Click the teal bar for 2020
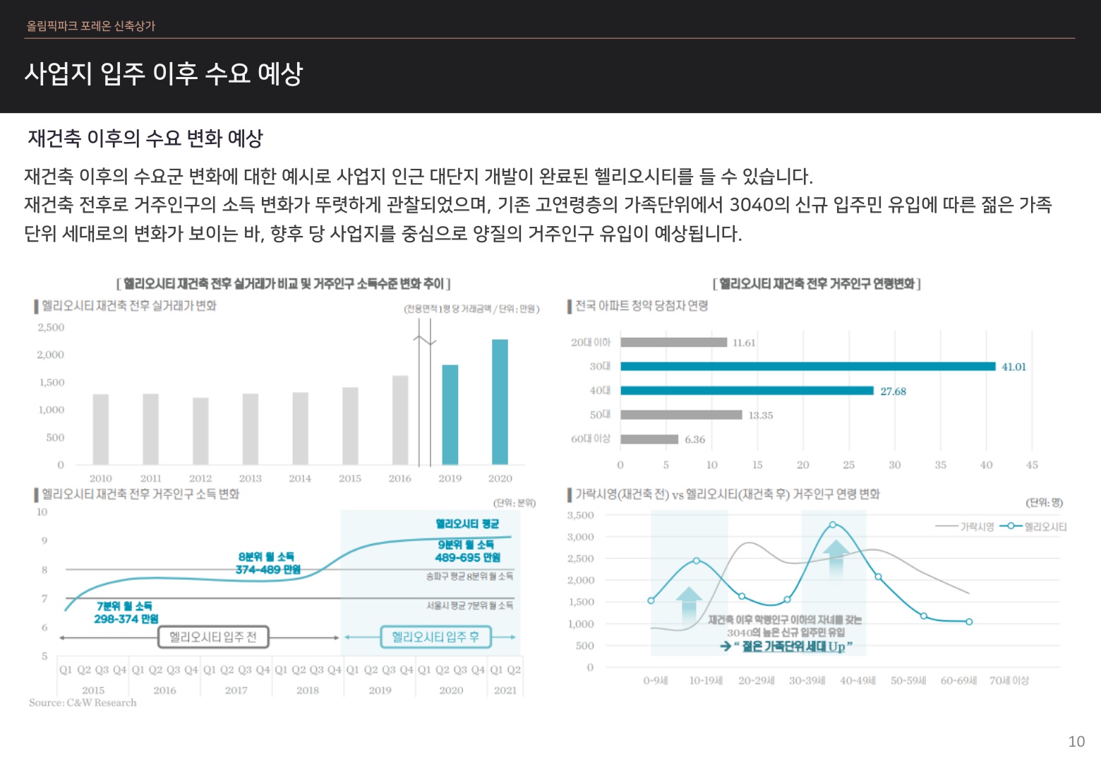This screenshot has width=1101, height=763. coord(500,401)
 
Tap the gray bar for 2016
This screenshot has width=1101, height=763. coord(400,420)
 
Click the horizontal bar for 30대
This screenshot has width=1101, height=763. coord(807,366)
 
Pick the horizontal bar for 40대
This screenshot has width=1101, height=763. coord(747,391)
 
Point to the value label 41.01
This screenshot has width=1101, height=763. coord(1013,367)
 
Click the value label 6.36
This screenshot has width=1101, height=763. coord(694,439)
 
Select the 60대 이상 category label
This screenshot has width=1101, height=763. coord(590,439)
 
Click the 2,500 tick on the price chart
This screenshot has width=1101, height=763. coord(51,327)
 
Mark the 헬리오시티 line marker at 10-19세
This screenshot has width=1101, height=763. coord(697,560)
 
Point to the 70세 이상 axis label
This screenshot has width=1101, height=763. coord(1009,680)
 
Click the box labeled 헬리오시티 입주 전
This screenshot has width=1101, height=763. coord(212,637)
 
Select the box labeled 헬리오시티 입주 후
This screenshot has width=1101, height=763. coord(435,637)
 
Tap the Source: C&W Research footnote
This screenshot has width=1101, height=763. coord(83,702)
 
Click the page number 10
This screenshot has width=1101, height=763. coord(1076,741)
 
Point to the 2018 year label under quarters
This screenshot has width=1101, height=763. coord(308,690)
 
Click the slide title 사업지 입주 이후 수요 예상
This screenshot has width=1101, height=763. coord(164,73)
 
